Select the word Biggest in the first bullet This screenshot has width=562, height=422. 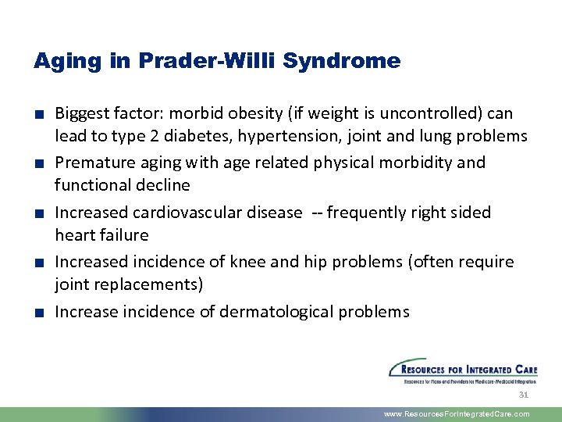tap(82, 114)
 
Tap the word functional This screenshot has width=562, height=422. tap(87, 184)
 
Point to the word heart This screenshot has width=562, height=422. tap(73, 234)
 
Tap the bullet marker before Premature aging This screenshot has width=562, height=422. tap(37, 163)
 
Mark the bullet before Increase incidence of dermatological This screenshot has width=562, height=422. tap(37, 313)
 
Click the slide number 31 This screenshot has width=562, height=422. tap(524, 395)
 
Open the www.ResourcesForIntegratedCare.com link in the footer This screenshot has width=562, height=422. tap(457, 414)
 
